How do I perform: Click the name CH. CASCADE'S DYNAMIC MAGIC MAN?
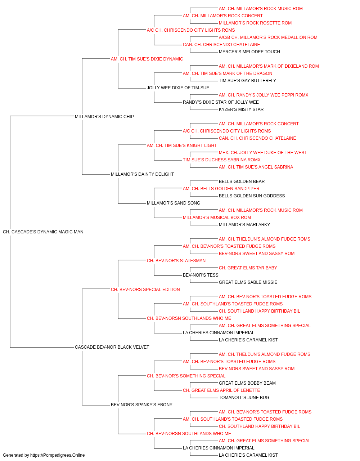click(x=43, y=232)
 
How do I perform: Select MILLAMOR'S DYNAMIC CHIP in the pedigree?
click(x=104, y=117)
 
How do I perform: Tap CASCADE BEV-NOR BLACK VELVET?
click(x=112, y=347)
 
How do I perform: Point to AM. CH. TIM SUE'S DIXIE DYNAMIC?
click(x=147, y=59)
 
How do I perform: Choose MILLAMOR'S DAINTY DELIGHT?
click(x=142, y=174)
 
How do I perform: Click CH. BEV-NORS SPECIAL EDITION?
click(x=145, y=290)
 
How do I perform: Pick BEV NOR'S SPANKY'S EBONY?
click(x=141, y=405)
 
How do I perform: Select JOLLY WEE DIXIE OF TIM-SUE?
click(x=178, y=88)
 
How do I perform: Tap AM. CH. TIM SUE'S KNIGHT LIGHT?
click(x=182, y=146)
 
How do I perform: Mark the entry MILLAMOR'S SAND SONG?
click(x=174, y=203)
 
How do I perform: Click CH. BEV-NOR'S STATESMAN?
click(x=176, y=261)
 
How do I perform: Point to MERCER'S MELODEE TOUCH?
click(x=249, y=52)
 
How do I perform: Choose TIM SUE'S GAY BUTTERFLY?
click(x=247, y=81)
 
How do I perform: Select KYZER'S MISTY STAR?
click(x=241, y=109)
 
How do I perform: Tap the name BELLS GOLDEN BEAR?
click(x=242, y=182)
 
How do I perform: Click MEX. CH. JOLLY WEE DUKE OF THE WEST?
click(x=263, y=153)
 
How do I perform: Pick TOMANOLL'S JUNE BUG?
click(x=244, y=398)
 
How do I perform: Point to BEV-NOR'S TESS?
click(x=201, y=275)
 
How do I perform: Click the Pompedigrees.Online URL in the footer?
click(x=57, y=455)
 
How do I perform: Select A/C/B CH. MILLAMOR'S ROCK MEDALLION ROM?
click(x=268, y=37)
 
